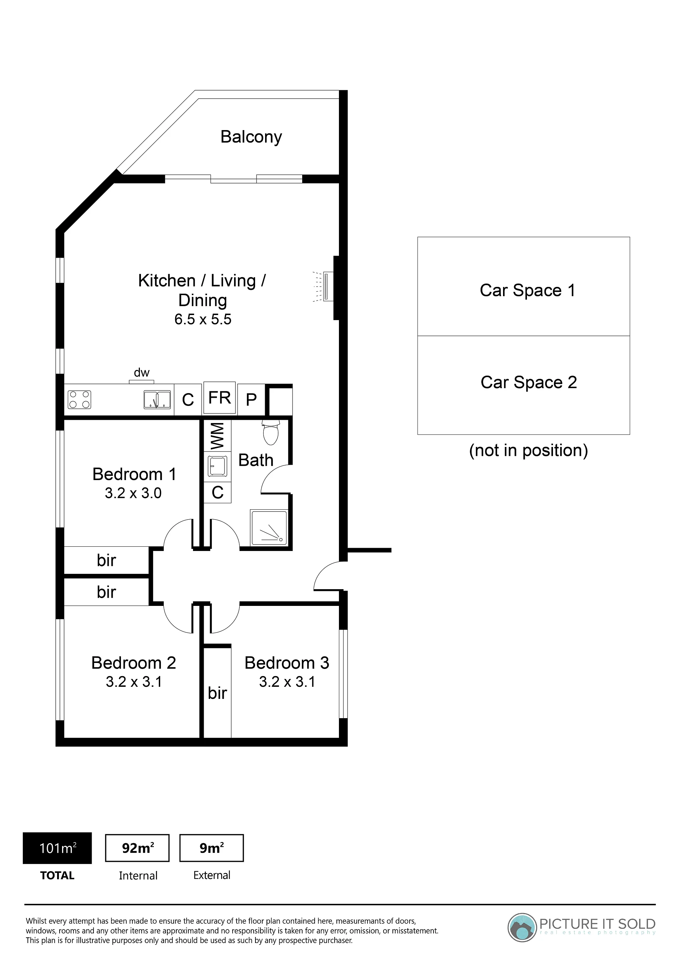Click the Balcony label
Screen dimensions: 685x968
point(251,137)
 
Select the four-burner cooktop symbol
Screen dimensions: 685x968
point(79,400)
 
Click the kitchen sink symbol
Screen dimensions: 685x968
point(157,400)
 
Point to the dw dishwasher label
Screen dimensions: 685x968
point(141,373)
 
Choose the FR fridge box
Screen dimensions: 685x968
point(220,398)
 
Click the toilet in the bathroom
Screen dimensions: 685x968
point(270,432)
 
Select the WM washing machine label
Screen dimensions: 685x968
point(217,436)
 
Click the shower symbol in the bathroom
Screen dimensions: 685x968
point(269,527)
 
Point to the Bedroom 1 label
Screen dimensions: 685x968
point(134,474)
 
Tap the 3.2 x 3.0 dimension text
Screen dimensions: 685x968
point(133,493)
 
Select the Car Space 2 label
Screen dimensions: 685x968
point(528,382)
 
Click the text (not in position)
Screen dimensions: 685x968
point(528,451)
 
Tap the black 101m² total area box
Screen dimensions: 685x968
point(57,848)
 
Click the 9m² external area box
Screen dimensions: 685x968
point(212,848)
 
